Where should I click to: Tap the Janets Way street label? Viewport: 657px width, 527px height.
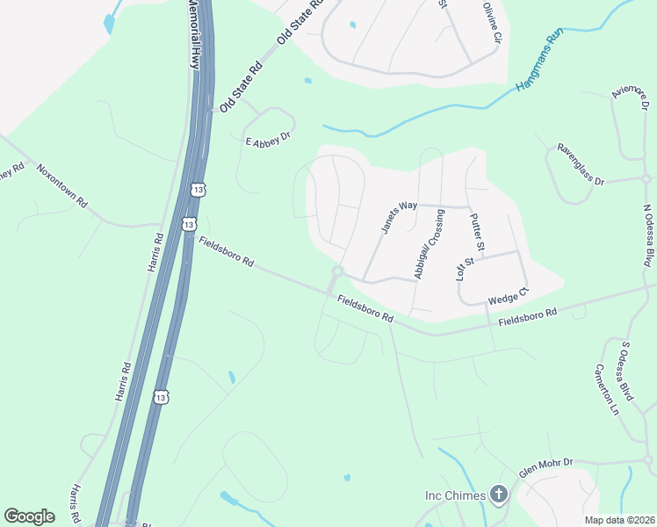pos(399,217)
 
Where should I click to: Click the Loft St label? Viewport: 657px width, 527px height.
pos(464,267)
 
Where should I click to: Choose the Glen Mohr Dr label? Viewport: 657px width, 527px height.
pos(545,466)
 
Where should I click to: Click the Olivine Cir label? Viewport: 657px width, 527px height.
pos(492,24)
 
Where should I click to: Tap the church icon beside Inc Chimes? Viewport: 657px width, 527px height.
pos(498,495)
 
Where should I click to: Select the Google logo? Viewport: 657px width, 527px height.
pos(30,516)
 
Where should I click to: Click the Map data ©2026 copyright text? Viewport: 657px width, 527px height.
pos(619,520)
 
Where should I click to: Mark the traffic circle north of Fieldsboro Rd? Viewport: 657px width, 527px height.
pos(336,271)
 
